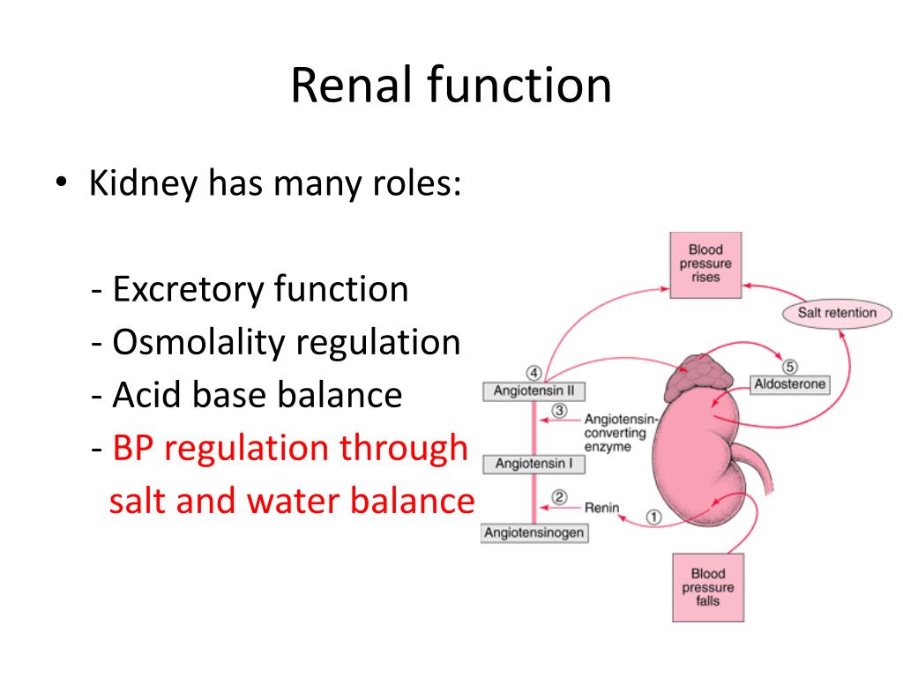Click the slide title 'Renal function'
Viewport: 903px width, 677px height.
[x=451, y=86]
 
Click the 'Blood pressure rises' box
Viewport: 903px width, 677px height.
[x=705, y=264]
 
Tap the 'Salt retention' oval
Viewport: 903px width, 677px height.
[x=837, y=313]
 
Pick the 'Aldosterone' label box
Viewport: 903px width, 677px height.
[x=789, y=385]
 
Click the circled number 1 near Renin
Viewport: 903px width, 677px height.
[x=653, y=517]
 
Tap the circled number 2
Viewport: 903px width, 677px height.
[x=559, y=497]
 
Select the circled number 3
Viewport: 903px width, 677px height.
[x=559, y=411]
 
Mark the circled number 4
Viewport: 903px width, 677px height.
[x=533, y=371]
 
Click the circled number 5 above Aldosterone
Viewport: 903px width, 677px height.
[x=789, y=366]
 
